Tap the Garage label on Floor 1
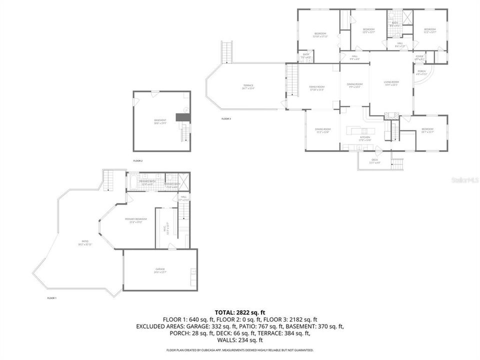coord(159,270)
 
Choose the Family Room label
coord(317,88)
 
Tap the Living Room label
coord(391,83)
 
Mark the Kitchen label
coord(364,138)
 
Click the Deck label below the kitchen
coord(374,160)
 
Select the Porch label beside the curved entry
coord(421,72)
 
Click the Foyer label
coord(419,57)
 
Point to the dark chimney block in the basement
coord(182,117)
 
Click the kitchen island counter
coord(359,130)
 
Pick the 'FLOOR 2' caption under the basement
coord(138,160)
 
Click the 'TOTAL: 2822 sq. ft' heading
coord(239,311)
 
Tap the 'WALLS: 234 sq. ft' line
coord(239,340)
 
